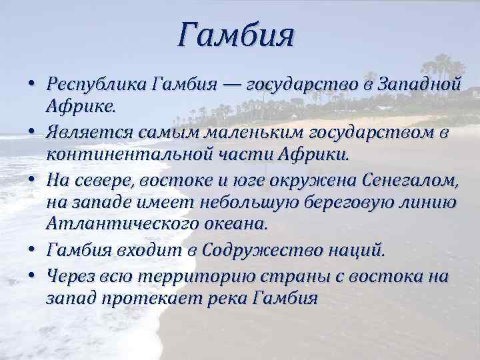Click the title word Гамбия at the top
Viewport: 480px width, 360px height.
coord(236,35)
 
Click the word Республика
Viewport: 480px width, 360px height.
coord(97,85)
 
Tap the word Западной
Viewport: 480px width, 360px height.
coord(419,85)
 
